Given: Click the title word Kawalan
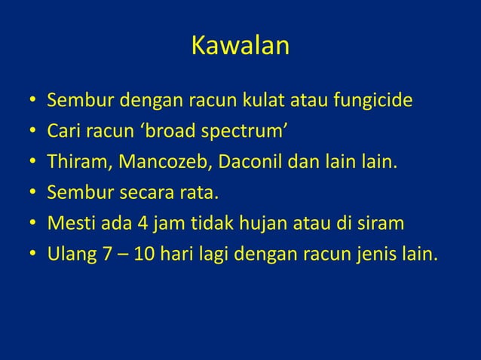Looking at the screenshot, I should (240, 46).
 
